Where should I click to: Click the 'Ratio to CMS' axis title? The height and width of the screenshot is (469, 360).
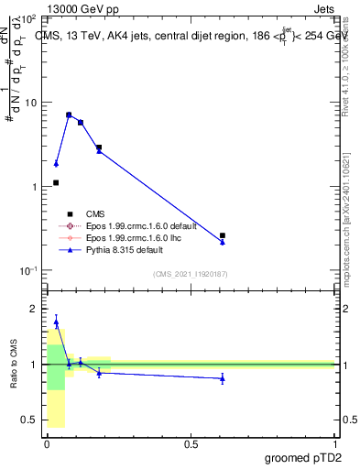pyautogui.click(x=14, y=365)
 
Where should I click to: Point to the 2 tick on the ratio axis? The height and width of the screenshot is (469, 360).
pyautogui.click(x=33, y=310)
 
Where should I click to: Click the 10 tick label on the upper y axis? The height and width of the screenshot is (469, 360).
pyautogui.click(x=30, y=103)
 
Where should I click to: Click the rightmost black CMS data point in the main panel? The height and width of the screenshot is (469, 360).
pyautogui.click(x=223, y=235)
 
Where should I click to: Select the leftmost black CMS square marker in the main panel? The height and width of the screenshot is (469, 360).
pyautogui.click(x=56, y=182)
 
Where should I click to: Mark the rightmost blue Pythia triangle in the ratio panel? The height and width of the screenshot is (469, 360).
pyautogui.click(x=223, y=377)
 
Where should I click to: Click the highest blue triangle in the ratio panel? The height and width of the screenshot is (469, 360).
pyautogui.click(x=56, y=322)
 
